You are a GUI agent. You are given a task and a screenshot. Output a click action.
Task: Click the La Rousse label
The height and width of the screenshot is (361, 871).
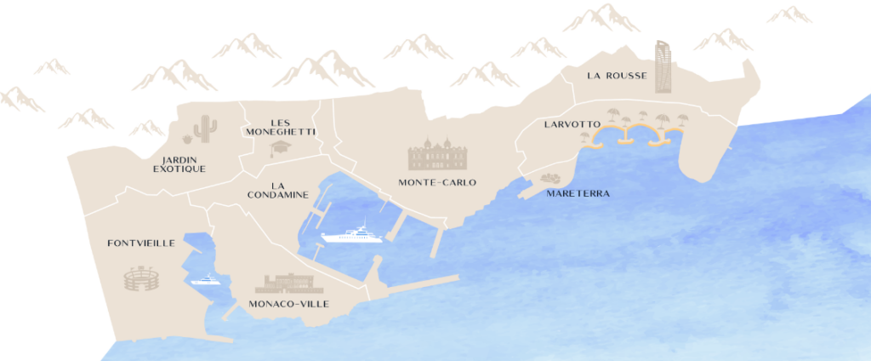(x=617, y=76)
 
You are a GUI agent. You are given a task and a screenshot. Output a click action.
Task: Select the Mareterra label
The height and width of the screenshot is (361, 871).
(x=579, y=193)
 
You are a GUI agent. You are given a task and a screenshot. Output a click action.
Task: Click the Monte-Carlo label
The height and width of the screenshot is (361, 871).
(x=437, y=182)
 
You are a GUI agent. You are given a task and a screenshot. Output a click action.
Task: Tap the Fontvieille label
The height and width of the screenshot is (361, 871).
(x=141, y=244)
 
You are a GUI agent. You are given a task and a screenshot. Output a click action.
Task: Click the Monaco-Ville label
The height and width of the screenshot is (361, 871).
(x=288, y=304)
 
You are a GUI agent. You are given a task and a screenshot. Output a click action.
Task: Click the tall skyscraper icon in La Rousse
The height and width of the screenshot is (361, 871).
(x=663, y=66)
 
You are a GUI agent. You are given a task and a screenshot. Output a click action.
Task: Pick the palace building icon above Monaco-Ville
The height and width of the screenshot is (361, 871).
(x=289, y=283)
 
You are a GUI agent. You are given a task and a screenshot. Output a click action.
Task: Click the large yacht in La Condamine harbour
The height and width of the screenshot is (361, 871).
(x=351, y=234)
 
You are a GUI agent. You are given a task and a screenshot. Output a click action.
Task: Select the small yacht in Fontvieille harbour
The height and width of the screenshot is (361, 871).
(x=206, y=278)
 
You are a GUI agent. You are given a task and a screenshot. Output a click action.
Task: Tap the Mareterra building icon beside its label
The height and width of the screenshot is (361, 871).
(x=549, y=179)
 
